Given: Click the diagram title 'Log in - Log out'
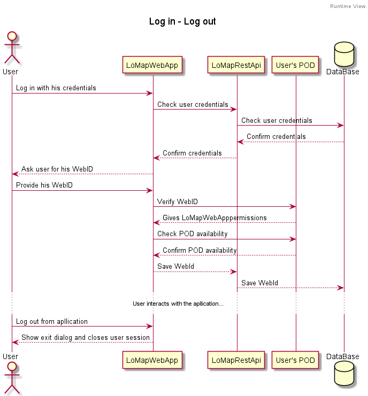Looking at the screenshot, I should pos(182,22).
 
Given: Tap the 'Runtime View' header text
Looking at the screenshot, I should pos(348,6).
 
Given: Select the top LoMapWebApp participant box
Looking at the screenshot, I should pos(153,65).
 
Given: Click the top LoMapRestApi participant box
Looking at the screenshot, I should pos(236,65).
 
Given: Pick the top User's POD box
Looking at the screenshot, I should pos(295,65).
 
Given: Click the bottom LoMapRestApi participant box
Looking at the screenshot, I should pos(236,360).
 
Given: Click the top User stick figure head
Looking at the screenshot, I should pos(12,36).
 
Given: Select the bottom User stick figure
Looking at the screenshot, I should pos(12,379).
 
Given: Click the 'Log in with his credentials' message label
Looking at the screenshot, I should pos(56,88).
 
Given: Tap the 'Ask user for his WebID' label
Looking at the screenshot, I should pos(57,169).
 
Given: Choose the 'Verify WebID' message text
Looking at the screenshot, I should pos(178,201).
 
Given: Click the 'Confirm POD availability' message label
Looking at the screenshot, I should pos(200,251).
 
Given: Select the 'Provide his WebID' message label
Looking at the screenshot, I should pos(44,185).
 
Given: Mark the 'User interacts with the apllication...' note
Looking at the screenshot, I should pos(178,304).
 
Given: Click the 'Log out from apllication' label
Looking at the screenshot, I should pos(52,322).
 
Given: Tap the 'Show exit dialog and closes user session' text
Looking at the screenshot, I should pos(86,338).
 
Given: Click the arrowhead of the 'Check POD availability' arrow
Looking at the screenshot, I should pos(293,239).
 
